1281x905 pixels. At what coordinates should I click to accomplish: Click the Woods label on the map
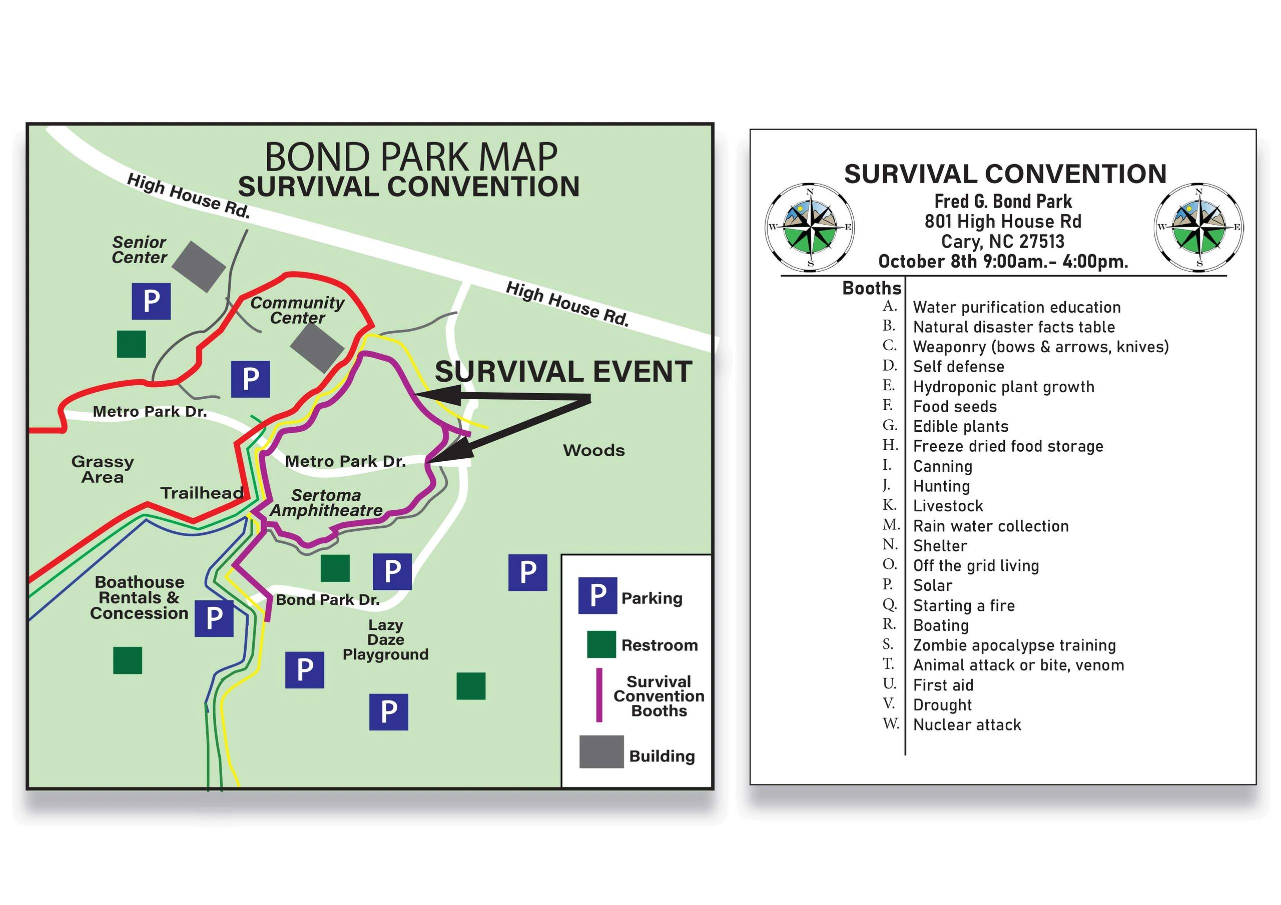pos(593,450)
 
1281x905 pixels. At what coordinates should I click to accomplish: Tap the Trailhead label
pos(202,493)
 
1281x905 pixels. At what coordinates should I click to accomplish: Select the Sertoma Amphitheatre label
pos(326,503)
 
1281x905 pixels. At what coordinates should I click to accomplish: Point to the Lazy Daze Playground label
pos(385,639)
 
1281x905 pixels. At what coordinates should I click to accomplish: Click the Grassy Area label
pos(103,469)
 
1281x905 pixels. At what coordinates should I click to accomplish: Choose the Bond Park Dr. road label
pos(327,600)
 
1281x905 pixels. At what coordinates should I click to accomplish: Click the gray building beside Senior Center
pos(199,267)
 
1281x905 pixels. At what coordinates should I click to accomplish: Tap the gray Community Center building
pos(317,348)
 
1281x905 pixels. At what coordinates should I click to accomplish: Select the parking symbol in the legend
pos(597,596)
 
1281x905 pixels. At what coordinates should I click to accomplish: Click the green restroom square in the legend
pos(601,644)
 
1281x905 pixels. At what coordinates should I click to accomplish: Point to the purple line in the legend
pos(599,695)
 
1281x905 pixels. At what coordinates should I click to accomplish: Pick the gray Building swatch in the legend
pos(601,751)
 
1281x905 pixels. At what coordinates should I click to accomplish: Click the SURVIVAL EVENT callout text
pos(563,372)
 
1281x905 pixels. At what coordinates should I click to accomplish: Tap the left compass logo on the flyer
pos(810,227)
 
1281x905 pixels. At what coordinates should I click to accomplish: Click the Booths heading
pos(872,288)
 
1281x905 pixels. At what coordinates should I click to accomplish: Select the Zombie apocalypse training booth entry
pos(1014,645)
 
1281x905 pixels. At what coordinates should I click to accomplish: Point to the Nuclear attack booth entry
pos(967,725)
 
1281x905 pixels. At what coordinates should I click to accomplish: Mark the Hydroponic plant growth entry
pos(1004,387)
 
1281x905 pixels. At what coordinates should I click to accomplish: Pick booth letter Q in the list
pos(889,605)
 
